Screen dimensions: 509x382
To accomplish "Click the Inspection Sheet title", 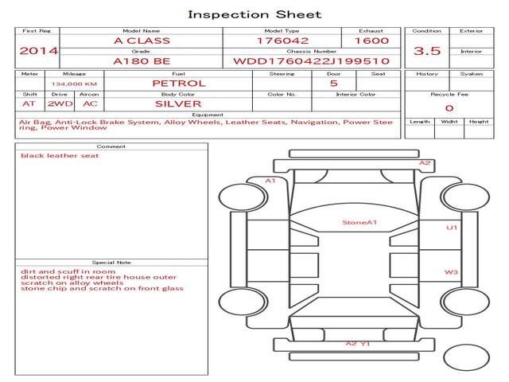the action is coord(254,14).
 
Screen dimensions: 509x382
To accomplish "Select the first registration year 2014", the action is coord(38,51).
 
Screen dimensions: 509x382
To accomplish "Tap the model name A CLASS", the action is coord(142,41).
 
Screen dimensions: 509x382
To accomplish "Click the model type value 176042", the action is coord(282,41).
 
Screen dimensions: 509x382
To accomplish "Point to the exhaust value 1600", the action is coord(371,41).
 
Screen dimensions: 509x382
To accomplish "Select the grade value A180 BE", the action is coord(142,61).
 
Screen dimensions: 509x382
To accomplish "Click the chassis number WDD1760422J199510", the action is coord(311,61).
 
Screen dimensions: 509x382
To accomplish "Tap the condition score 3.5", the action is coord(427,51).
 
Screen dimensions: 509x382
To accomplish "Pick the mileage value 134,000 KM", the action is coord(74,84).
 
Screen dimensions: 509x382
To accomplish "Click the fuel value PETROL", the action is coord(179,84).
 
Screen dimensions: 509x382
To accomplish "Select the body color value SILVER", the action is coord(178,104).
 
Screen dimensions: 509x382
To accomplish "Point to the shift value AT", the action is coord(29,104).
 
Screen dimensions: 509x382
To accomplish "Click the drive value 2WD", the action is coord(60,104).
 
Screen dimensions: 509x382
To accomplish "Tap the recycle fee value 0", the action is coord(449,108).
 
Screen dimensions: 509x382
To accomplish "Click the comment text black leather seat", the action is coord(60,156).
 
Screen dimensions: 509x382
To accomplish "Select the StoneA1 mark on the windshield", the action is coord(359,223).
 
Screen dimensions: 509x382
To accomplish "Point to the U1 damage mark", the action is coord(452,228).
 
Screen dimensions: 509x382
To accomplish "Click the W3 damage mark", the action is coord(451,272).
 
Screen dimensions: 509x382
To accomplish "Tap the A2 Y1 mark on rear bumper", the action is coord(357,343).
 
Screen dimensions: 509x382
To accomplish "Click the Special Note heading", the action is coord(111,263).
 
